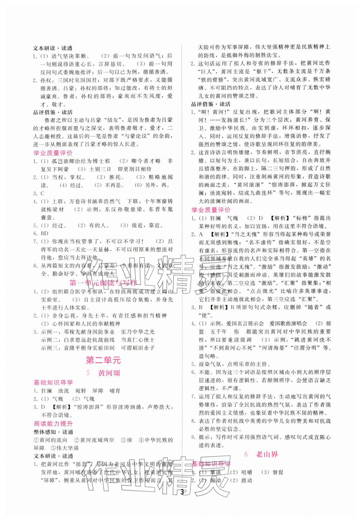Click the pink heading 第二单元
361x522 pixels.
tap(103, 360)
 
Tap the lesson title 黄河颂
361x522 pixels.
tap(109, 373)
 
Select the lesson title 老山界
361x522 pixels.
tap(267, 454)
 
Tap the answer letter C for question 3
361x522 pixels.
tap(42, 193)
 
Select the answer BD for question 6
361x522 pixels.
tap(44, 233)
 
